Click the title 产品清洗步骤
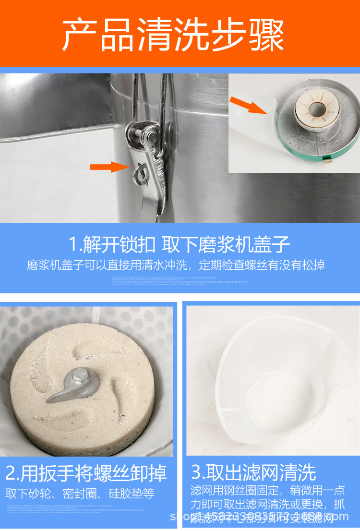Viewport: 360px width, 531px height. pyautogui.click(x=173, y=35)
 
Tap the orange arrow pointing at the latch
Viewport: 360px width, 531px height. pyautogui.click(x=110, y=167)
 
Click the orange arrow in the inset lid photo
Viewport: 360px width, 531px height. pyautogui.click(x=248, y=105)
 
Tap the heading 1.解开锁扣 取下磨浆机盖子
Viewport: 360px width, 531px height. pyautogui.click(x=180, y=245)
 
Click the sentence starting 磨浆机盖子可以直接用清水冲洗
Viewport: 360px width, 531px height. pyautogui.click(x=176, y=265)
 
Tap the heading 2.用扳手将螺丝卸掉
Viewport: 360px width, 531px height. pyautogui.click(x=86, y=473)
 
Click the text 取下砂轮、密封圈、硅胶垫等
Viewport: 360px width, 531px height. pyautogui.click(x=80, y=493)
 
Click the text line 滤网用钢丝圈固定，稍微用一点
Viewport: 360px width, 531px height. pyautogui.click(x=268, y=490)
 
